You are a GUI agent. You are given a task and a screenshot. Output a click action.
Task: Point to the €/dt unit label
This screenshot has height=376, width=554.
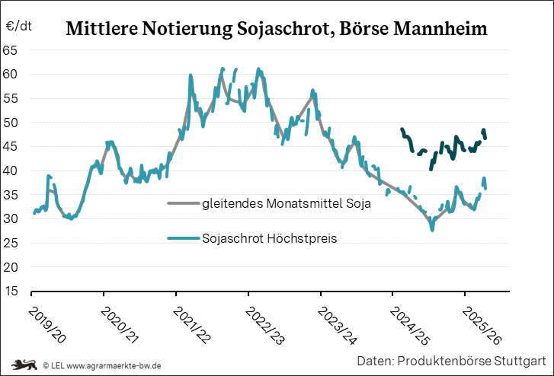[x=19, y=27]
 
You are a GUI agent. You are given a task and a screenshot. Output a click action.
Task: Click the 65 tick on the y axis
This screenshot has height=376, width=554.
[x=11, y=50]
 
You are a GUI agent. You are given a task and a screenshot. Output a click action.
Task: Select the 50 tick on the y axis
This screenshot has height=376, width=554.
[x=11, y=123]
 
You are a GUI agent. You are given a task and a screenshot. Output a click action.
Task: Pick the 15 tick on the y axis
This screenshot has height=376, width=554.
[x=11, y=292]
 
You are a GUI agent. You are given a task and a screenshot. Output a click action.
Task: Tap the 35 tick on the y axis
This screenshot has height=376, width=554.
[x=11, y=195]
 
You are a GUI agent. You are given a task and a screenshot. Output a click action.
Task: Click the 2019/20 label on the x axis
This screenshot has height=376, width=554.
[x=46, y=323]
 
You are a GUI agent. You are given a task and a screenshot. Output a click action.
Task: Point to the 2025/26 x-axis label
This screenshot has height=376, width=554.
[x=481, y=323]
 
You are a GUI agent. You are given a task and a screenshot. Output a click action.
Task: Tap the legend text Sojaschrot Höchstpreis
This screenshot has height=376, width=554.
[x=270, y=238]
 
